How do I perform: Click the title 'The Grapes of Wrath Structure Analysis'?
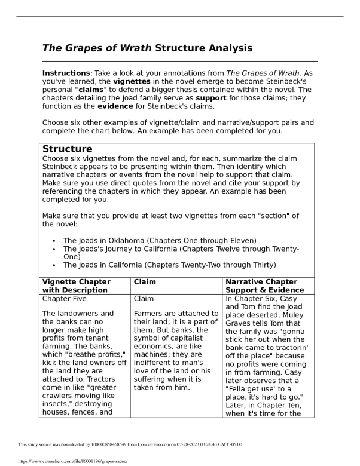coord(147,48)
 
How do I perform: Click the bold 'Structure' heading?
coord(68,149)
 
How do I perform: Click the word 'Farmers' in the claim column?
coord(150,314)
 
